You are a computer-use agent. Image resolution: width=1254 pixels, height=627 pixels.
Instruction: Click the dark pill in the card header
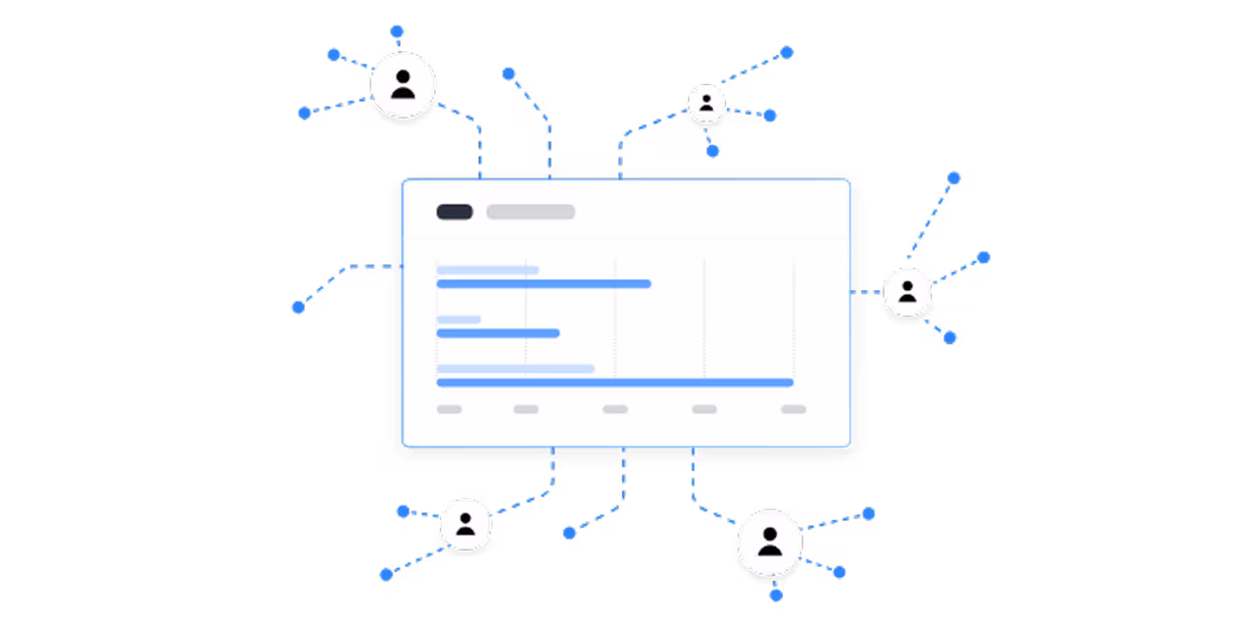click(455, 212)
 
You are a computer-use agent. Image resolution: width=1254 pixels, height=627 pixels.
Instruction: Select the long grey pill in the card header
click(530, 212)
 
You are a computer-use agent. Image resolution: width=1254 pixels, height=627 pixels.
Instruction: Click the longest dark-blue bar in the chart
click(614, 382)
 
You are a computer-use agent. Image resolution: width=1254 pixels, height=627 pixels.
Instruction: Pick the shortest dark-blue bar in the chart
click(498, 333)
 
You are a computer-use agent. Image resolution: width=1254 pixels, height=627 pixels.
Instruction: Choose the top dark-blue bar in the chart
click(544, 284)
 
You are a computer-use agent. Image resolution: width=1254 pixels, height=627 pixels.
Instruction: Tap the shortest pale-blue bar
click(458, 319)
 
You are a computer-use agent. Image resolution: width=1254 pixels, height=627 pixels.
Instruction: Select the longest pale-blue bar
click(515, 368)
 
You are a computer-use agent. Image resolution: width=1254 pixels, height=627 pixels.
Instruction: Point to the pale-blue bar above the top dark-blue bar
click(487, 269)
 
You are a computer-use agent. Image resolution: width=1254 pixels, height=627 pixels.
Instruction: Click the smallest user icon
click(706, 103)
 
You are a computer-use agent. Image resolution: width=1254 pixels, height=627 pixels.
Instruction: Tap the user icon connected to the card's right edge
click(907, 292)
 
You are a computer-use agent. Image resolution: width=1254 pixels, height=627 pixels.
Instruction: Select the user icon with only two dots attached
click(465, 524)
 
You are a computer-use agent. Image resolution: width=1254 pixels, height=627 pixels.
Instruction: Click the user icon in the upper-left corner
click(403, 85)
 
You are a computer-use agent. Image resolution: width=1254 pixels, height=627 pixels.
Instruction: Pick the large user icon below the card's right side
click(769, 542)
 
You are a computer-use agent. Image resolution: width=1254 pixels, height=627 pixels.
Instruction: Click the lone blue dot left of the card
click(299, 308)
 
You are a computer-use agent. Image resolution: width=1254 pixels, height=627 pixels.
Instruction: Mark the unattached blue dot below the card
click(569, 533)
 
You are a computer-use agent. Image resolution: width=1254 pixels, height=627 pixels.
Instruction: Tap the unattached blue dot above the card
click(508, 73)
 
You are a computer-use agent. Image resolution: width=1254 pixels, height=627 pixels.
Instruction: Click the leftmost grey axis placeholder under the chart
click(449, 410)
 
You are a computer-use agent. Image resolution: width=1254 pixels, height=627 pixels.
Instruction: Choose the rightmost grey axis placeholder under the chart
click(794, 410)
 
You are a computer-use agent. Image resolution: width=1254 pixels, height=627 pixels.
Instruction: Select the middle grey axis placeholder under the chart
click(615, 410)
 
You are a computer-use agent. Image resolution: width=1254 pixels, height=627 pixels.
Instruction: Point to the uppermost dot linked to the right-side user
click(953, 178)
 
